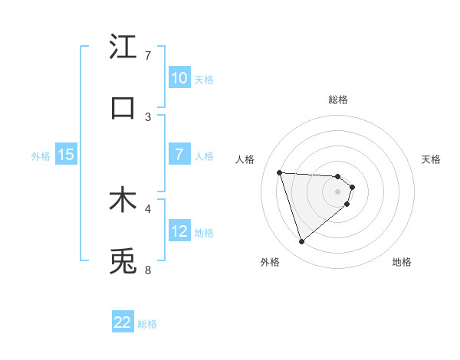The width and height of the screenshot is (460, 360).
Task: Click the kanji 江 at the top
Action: (x=123, y=47)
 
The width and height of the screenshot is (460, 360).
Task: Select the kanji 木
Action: (x=123, y=200)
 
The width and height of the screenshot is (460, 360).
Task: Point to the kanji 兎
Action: (x=123, y=261)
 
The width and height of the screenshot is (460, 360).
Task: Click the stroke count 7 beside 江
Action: (x=148, y=56)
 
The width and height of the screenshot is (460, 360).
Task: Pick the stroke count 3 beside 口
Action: (x=148, y=117)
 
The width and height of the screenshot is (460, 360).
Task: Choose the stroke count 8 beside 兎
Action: (x=148, y=270)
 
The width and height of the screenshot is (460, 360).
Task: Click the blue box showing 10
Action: (x=179, y=78)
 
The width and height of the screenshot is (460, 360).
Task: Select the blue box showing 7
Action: (x=179, y=155)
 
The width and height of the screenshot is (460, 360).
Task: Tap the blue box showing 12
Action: (x=179, y=231)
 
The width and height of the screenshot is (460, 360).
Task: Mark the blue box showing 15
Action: (x=66, y=155)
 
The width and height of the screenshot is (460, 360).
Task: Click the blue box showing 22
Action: (x=123, y=322)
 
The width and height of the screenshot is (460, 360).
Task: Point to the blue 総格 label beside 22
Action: (x=147, y=324)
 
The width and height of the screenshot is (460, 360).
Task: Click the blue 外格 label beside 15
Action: (x=41, y=156)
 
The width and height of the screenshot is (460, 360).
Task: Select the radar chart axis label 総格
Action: (x=338, y=100)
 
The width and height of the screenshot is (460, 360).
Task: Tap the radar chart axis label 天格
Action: (x=431, y=159)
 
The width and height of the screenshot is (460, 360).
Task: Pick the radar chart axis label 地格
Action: (x=402, y=262)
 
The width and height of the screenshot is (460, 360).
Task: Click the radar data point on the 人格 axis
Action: (x=280, y=172)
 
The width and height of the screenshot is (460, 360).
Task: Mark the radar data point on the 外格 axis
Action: (x=301, y=242)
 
